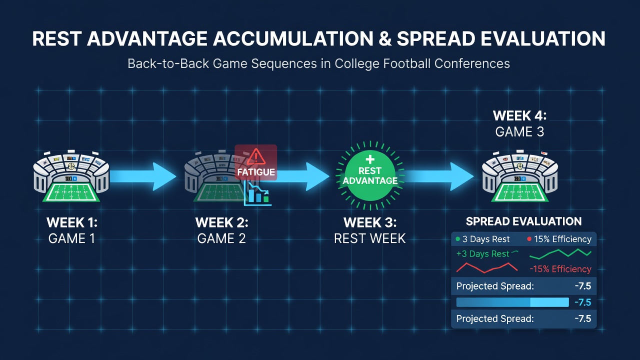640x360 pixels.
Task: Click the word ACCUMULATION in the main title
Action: pos(293,38)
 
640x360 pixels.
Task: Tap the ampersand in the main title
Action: pos(385,39)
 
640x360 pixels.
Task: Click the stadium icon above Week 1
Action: pos(71,176)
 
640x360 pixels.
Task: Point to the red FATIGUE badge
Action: pos(255,162)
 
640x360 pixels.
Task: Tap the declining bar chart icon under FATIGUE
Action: pos(257,194)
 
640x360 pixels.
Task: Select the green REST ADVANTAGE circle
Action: pos(370,175)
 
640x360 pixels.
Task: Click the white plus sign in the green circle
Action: pos(370,159)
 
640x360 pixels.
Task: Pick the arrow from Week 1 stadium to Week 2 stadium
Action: pos(143,176)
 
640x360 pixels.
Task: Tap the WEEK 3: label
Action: pos(370,222)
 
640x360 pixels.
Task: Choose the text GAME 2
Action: pos(221,238)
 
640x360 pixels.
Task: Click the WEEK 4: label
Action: pos(519,115)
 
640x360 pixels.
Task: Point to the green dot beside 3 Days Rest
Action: pos(457,239)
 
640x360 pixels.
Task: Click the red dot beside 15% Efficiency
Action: pos(529,239)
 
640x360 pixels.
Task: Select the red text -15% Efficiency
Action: pos(560,269)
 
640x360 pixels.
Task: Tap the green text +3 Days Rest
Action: pos(483,253)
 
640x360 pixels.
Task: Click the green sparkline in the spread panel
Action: pos(560,253)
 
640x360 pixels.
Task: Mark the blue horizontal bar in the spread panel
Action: pos(512,302)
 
